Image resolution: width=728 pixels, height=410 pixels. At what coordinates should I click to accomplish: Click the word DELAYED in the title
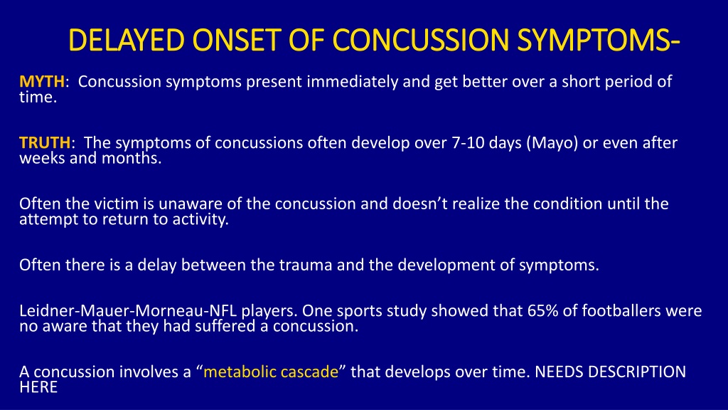[x=127, y=40]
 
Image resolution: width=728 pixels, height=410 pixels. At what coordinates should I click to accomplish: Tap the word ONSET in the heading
[x=237, y=40]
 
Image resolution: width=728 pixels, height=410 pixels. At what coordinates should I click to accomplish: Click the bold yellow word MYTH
[x=42, y=81]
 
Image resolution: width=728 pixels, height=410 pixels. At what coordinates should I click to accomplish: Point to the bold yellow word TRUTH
[x=45, y=142]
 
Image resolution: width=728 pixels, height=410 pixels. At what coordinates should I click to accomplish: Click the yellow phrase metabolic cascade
[x=271, y=372]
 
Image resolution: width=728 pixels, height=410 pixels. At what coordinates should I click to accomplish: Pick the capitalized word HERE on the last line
[x=38, y=387]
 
